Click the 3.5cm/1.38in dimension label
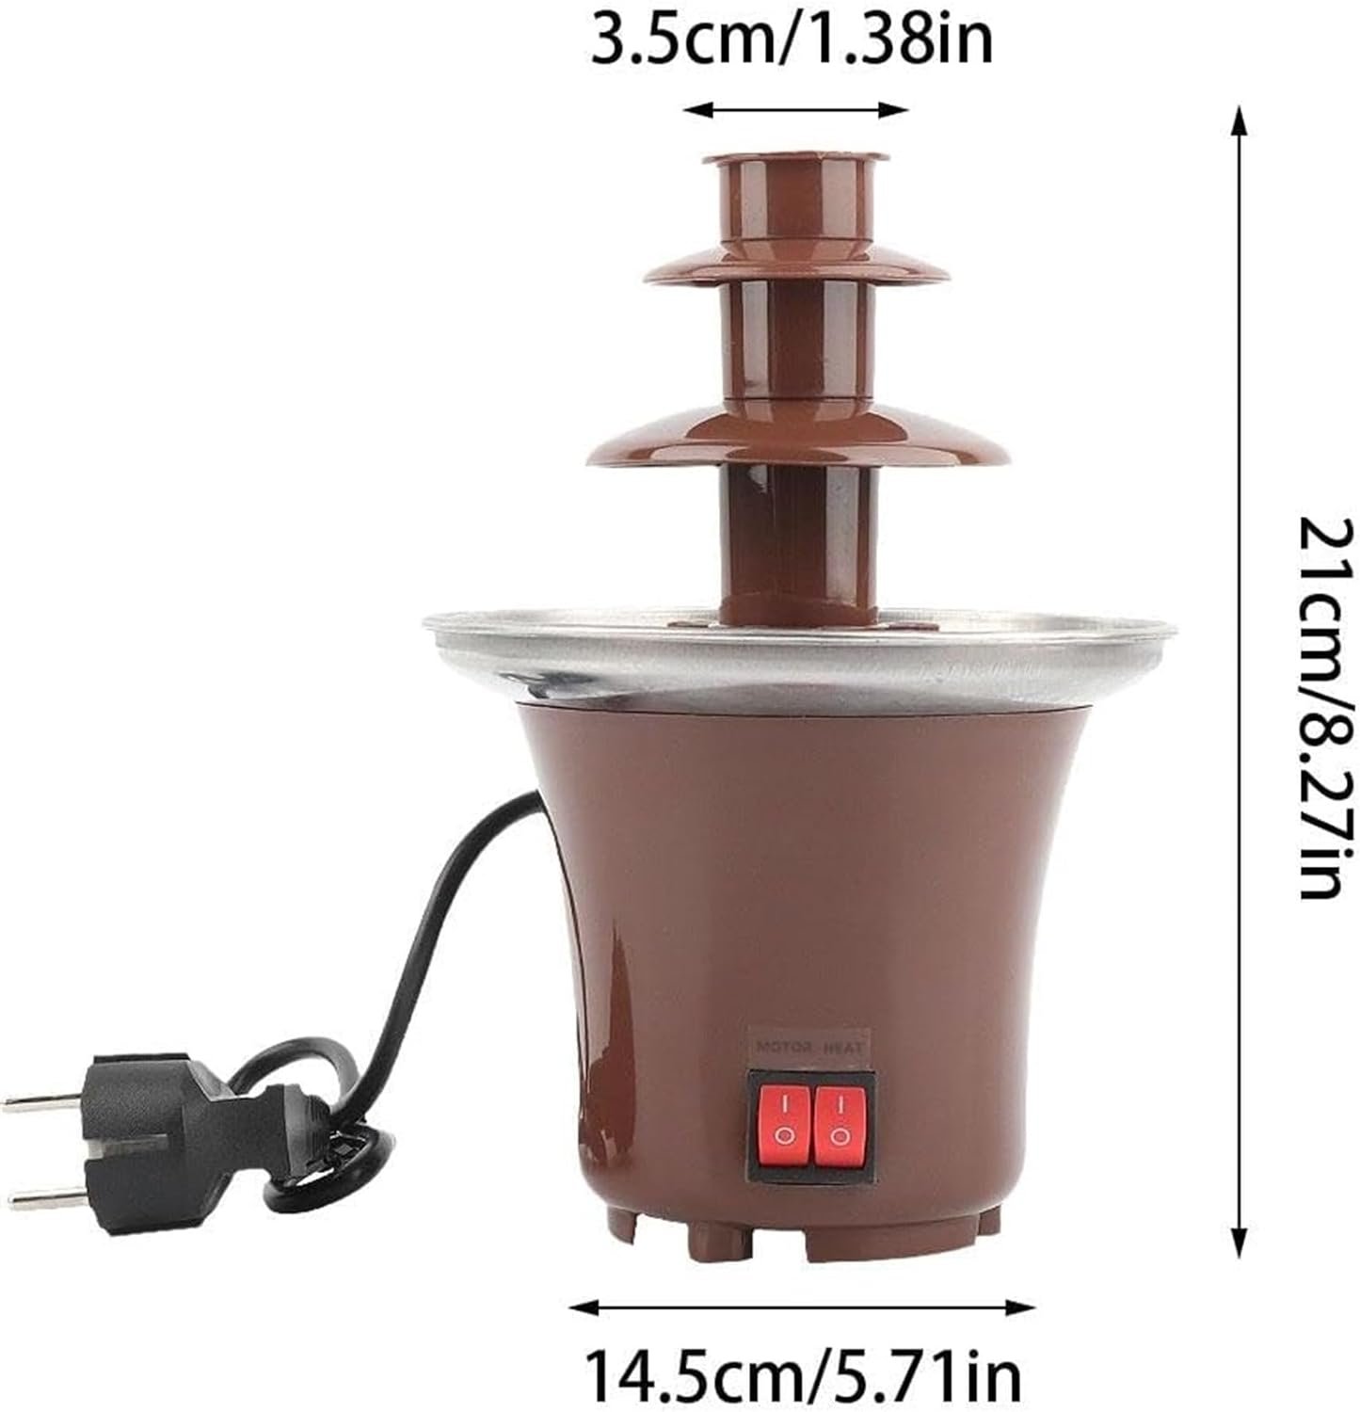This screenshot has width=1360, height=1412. coord(792,42)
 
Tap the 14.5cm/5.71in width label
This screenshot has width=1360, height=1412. coord(803,1375)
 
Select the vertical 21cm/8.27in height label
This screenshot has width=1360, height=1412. coord(1328,706)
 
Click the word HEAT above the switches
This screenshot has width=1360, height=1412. coord(844,1046)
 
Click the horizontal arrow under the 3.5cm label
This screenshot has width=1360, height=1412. coord(796,110)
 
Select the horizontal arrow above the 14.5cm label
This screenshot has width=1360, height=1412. coord(803,1307)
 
